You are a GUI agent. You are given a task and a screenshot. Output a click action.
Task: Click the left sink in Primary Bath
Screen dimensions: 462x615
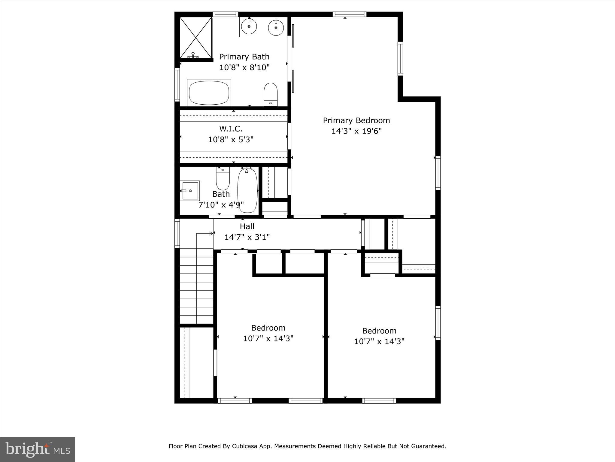point(249,26)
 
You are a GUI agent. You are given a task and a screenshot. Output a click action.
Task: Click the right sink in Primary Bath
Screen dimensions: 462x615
point(276,27)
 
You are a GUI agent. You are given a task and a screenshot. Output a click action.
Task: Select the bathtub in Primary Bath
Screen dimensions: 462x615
point(209,92)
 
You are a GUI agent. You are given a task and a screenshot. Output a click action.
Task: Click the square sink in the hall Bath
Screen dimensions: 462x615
point(190,191)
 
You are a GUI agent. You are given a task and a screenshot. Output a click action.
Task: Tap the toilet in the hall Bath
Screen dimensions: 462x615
point(223,179)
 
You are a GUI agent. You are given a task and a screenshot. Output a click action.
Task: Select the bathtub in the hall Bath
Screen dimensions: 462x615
point(247,191)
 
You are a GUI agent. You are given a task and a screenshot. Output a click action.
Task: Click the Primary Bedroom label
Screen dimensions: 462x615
point(356,120)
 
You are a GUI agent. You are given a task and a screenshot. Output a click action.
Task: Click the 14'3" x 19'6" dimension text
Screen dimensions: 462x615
point(356,131)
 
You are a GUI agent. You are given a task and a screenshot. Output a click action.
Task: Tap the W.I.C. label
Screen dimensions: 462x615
point(231,129)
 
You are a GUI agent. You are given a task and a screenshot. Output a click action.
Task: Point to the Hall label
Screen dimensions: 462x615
point(247,226)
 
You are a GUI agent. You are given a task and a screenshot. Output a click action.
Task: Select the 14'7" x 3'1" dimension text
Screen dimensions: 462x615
point(247,237)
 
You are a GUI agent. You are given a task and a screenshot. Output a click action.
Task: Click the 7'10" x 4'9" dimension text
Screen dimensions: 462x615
point(221,205)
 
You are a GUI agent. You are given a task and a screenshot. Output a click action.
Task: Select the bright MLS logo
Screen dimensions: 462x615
point(38,449)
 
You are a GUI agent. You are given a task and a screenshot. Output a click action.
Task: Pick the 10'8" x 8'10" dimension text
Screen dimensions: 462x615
point(244,67)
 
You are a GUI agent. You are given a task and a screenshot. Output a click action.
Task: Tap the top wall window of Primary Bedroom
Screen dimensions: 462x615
point(349,14)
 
